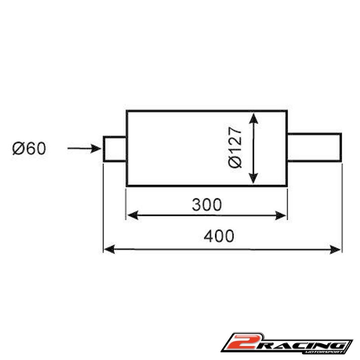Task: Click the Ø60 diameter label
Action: (29, 148)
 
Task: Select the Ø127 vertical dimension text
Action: (235, 148)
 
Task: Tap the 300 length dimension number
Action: (207, 205)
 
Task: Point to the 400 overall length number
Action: (219, 236)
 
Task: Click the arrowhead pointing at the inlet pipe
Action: (96, 148)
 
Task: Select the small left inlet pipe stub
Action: (115, 149)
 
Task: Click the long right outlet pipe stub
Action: (314, 147)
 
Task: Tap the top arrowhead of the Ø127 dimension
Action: (253, 118)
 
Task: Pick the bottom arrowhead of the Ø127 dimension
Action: (253, 178)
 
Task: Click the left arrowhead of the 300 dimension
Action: (133, 216)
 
